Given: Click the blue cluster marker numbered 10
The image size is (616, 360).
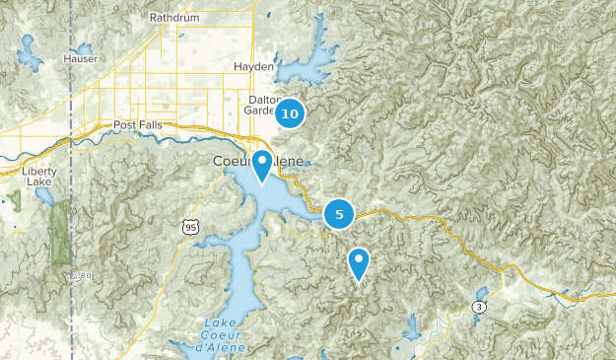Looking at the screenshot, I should (x=289, y=114).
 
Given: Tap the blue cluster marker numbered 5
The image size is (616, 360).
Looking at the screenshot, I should (x=339, y=213).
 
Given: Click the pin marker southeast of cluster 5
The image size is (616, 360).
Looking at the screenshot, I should (x=359, y=263).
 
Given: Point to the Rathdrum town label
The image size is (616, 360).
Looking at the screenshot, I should (x=173, y=18).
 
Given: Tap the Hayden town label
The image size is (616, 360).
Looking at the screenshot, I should (x=253, y=66).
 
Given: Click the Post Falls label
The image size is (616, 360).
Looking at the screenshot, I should (x=137, y=125).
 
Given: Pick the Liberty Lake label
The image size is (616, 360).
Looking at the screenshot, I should (x=39, y=176).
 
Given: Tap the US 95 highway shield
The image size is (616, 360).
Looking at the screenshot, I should (x=189, y=228).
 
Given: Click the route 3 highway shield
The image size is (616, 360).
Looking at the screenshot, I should (x=479, y=307).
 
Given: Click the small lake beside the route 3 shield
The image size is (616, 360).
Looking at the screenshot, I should (x=481, y=294).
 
